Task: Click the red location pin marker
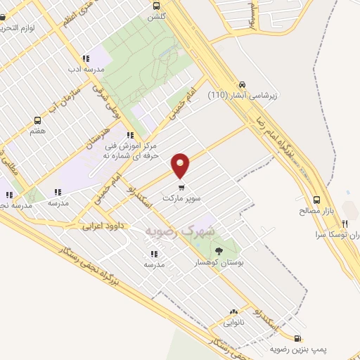coord(181,166)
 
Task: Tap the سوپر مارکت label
coord(182,200)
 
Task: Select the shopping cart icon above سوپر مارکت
coord(182,188)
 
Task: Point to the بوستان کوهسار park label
coord(217,262)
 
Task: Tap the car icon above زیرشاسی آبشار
coord(243,82)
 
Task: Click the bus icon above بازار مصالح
coord(316,199)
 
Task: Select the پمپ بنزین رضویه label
coord(298,349)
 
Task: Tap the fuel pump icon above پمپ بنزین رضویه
coord(298,337)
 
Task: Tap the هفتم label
coord(38,131)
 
